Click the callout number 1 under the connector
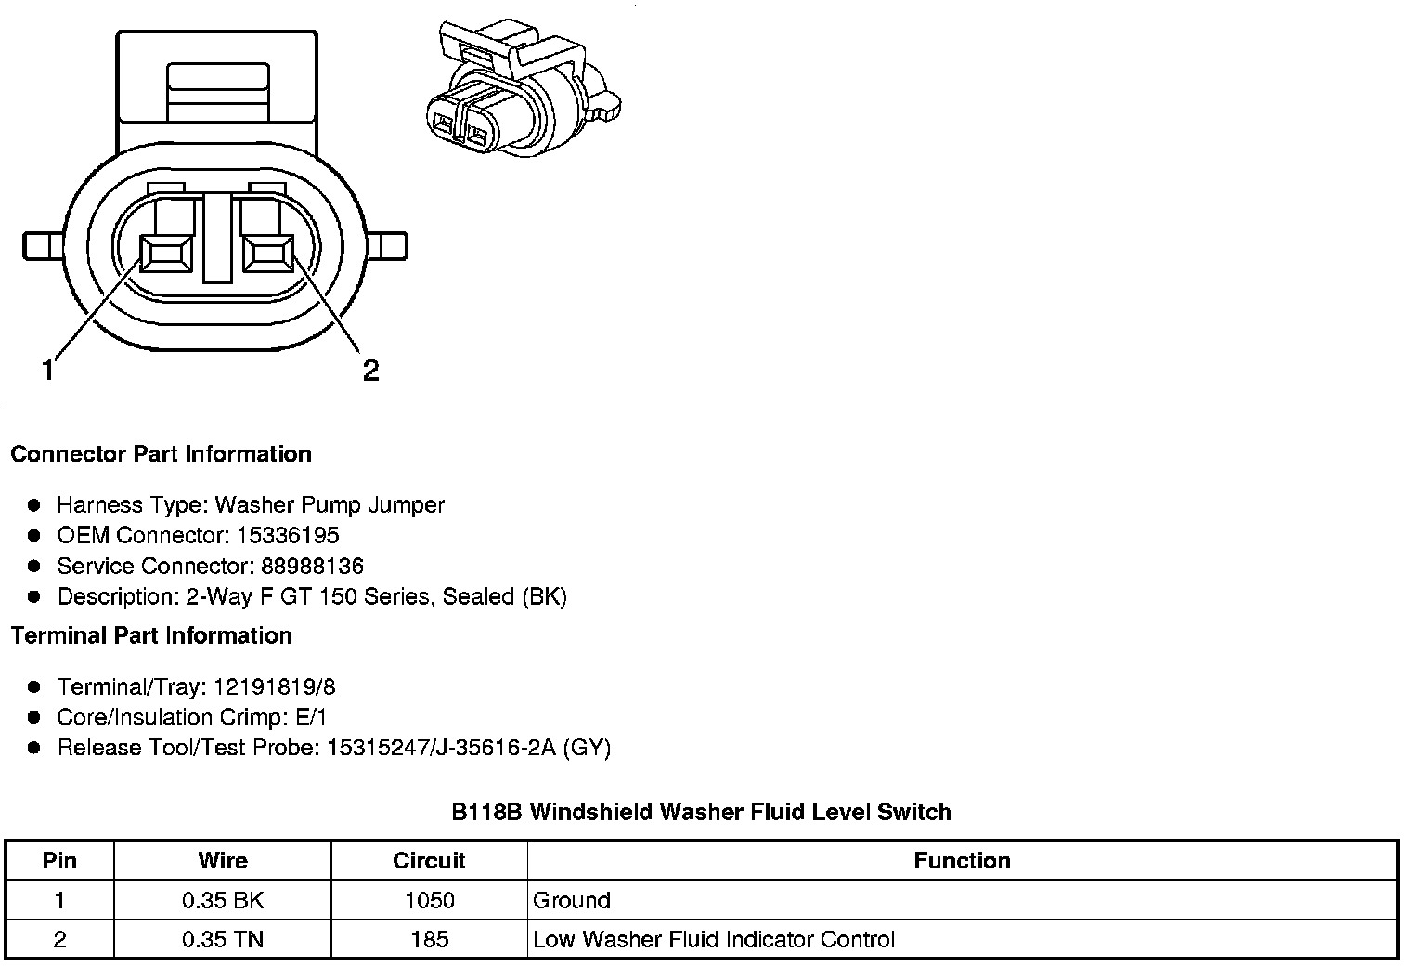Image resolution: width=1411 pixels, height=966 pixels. point(47,371)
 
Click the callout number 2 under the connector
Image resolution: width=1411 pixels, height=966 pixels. point(370,371)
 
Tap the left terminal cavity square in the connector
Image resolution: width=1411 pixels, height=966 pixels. point(166,254)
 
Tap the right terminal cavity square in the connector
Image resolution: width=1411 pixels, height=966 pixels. point(268,254)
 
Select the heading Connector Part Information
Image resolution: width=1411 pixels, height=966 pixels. point(161,454)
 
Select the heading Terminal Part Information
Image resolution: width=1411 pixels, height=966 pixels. point(151,635)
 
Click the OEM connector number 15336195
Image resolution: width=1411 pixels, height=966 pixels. point(288,535)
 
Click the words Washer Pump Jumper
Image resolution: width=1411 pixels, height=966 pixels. point(330,504)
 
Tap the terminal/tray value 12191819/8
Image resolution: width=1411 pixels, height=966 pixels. point(275,686)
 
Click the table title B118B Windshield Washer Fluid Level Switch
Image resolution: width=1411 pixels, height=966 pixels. point(701,812)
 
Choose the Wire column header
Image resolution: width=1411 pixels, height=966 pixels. point(223,860)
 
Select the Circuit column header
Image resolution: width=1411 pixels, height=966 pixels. point(429,860)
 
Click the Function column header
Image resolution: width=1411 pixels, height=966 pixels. point(962,860)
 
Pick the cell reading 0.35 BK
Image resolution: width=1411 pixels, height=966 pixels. point(223,900)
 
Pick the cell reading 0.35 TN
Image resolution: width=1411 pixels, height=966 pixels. point(223,939)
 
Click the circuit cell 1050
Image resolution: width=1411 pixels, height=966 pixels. point(430,900)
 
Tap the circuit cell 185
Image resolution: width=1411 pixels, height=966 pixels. point(430,939)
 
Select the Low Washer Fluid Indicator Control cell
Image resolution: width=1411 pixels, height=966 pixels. point(714,939)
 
